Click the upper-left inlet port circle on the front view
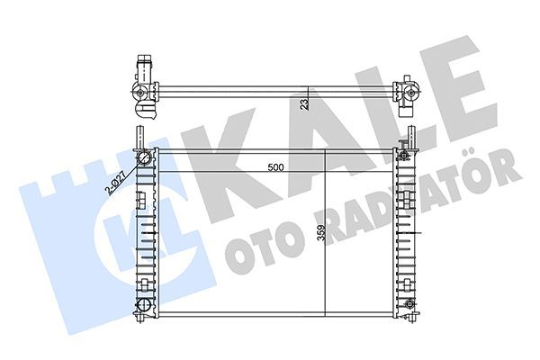144,159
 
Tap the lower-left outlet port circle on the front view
142,307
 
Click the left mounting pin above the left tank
139,136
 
